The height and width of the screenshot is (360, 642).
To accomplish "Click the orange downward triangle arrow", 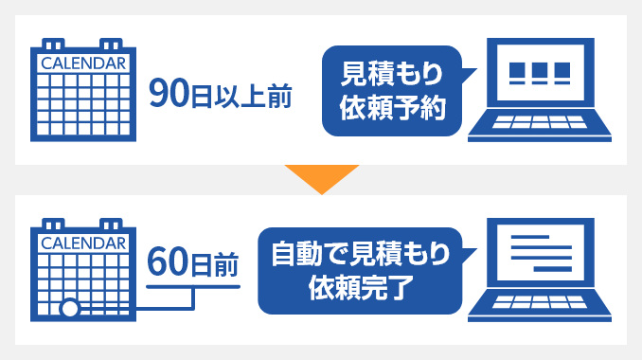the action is (x=321, y=177).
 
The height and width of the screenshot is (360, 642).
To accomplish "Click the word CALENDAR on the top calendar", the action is (x=83, y=63).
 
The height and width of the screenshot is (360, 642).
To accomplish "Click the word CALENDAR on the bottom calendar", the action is (x=83, y=243).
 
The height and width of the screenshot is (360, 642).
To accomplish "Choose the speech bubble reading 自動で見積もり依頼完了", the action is (x=359, y=270).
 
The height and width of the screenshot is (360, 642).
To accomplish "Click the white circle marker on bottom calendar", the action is (x=69, y=310).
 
